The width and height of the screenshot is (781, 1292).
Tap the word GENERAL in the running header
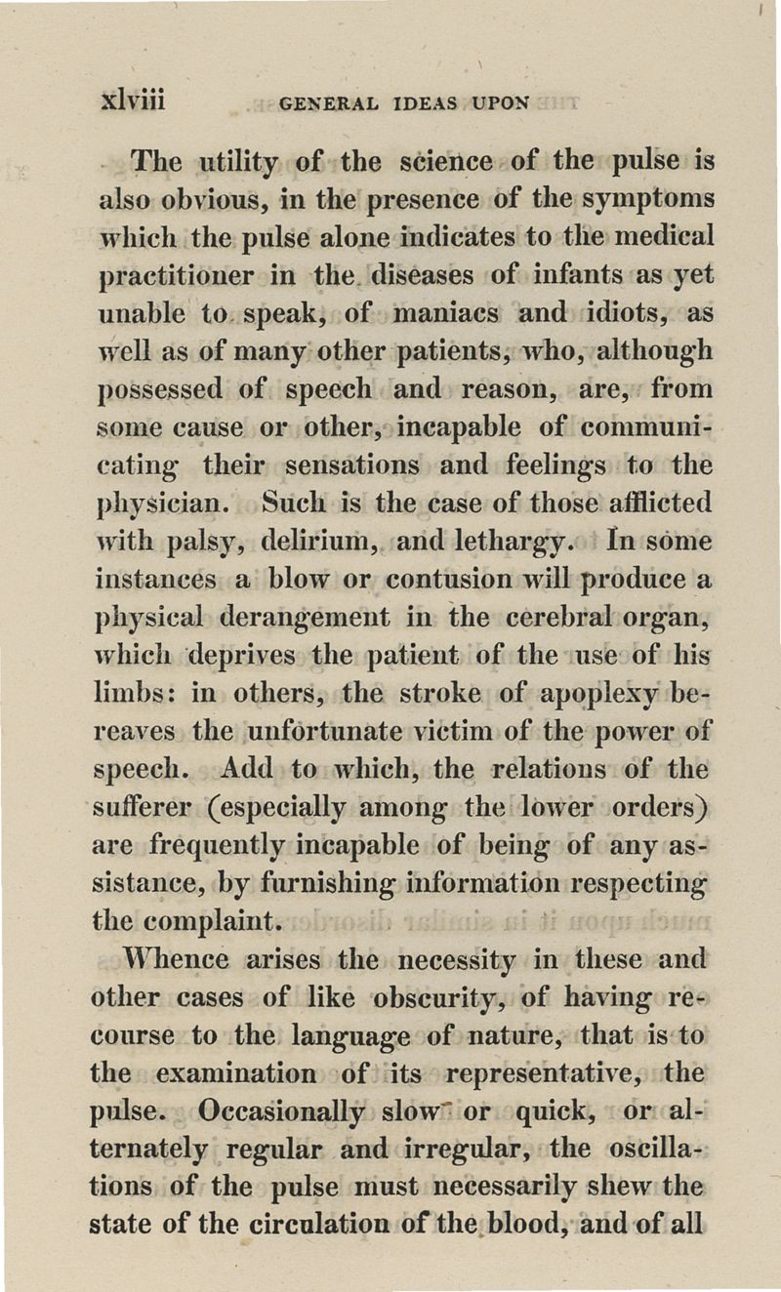[x=324, y=102]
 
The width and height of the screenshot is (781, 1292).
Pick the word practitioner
[x=178, y=275]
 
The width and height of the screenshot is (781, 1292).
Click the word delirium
[x=292, y=543]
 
